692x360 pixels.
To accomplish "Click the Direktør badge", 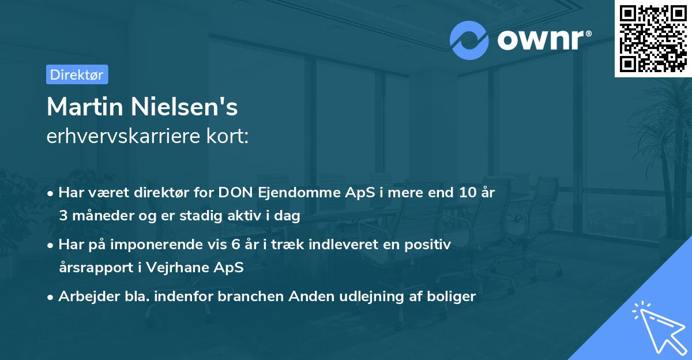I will [x=77, y=74].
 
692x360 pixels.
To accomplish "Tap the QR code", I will [x=653, y=38].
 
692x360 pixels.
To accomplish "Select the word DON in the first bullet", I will [x=233, y=193].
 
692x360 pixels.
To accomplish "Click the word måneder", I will [x=98, y=216].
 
